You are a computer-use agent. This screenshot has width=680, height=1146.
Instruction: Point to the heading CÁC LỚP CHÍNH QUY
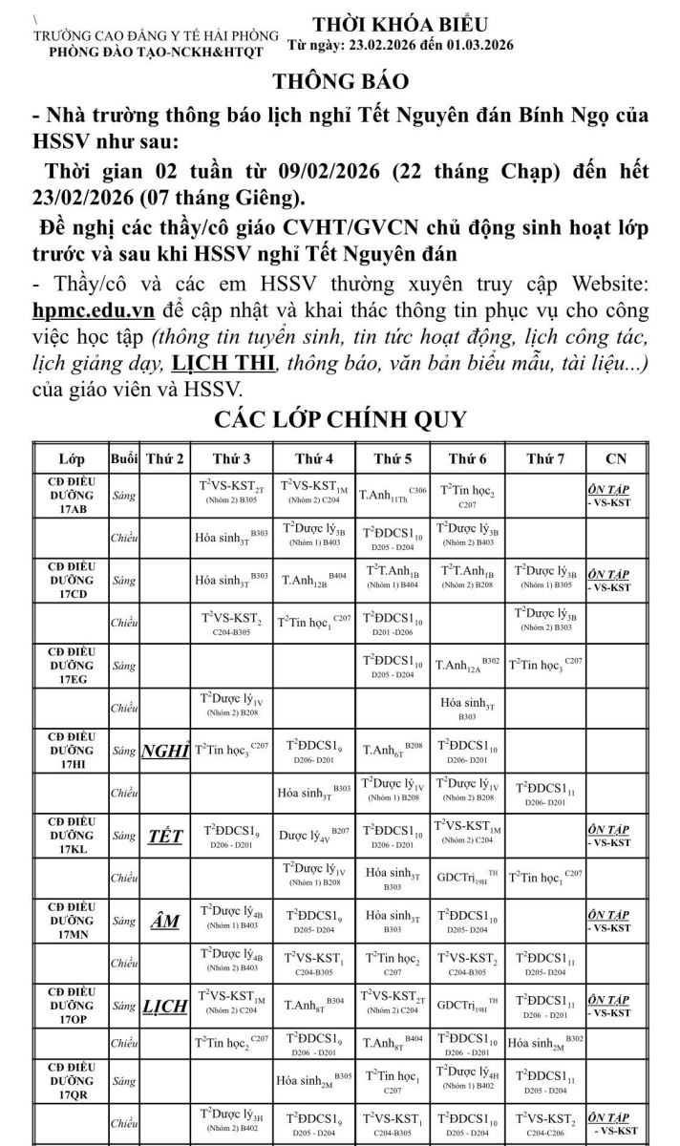(x=341, y=419)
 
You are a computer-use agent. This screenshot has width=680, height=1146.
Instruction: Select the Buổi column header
(x=124, y=458)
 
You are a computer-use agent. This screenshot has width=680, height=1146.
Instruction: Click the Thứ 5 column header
(x=393, y=458)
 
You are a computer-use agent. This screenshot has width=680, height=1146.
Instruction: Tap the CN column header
(x=616, y=458)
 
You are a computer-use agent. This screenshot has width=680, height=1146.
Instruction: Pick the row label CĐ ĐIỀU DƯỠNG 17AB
(x=71, y=496)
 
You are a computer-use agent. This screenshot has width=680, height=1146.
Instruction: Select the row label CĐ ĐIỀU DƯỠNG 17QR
(x=71, y=1080)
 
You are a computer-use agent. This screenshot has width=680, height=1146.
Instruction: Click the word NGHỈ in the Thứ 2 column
(x=165, y=751)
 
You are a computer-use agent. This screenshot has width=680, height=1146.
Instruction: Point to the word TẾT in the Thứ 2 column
(x=165, y=837)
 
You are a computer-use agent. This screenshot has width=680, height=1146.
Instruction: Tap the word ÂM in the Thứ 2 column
(x=165, y=922)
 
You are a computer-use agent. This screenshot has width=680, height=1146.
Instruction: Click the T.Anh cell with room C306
(x=393, y=495)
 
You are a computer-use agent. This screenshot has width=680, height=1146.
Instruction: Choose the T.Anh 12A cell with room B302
(x=467, y=665)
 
